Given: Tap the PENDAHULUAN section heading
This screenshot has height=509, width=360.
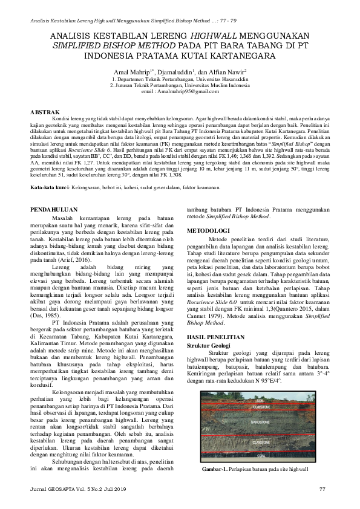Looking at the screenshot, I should pos(54,210).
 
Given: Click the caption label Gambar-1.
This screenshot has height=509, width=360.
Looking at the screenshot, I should pos(215,468).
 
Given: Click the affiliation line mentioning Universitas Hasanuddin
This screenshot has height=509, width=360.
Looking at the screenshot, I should pos(180,79).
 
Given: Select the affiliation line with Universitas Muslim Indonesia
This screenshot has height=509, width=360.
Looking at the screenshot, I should pos(180,85).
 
